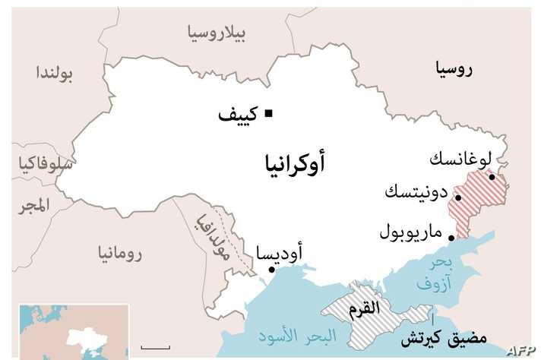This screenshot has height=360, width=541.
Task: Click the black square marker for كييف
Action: pos(267,115)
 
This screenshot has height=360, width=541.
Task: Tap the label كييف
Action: pos(238,115)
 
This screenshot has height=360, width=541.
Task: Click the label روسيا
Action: pos(454,70)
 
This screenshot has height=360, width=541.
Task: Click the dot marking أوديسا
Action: pos(271,269)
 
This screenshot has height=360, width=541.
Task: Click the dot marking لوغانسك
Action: pos(492,178)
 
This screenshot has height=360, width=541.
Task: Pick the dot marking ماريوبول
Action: pos(451,238)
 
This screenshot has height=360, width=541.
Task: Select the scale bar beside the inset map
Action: pos(156,347)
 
